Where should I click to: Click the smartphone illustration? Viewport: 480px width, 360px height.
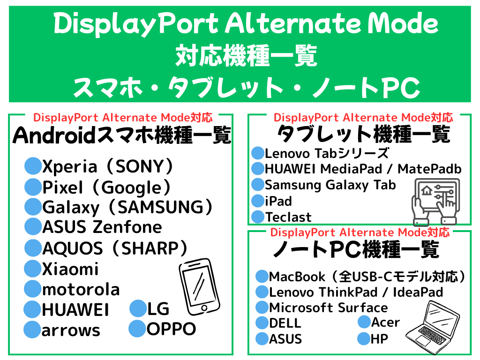click(x=199, y=287)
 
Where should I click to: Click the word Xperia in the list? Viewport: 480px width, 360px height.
click(x=70, y=167)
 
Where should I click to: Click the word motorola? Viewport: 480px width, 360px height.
click(x=81, y=289)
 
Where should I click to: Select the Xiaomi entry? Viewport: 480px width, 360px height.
click(x=70, y=269)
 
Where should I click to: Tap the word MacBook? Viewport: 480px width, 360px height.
click(x=297, y=277)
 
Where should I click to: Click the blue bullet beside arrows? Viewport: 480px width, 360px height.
click(x=32, y=330)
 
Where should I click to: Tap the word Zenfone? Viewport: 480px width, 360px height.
click(x=127, y=227)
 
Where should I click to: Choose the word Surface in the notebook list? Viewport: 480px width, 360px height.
click(x=363, y=307)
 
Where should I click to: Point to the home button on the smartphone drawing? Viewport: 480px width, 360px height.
click(x=204, y=308)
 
